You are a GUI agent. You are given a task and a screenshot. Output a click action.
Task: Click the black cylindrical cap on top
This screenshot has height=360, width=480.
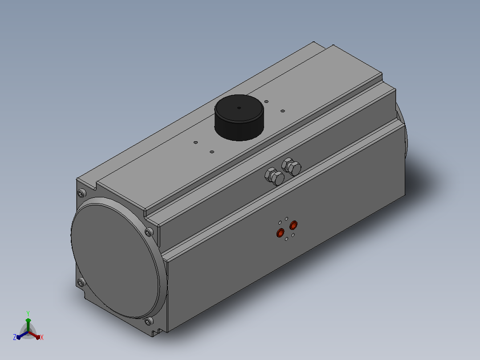[x=239, y=118]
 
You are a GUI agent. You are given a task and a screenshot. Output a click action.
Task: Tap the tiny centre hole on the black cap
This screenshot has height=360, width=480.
[x=239, y=108]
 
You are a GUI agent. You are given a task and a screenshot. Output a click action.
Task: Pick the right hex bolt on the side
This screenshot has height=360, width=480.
[x=291, y=167]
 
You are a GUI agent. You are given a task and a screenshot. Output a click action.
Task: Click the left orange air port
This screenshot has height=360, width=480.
[x=280, y=233]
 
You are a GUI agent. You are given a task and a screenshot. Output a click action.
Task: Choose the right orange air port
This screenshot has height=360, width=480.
[x=293, y=225]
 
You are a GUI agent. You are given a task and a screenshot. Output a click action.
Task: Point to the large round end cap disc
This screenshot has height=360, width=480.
[x=115, y=262]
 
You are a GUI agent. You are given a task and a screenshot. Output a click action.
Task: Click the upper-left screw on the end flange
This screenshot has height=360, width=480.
[x=81, y=194]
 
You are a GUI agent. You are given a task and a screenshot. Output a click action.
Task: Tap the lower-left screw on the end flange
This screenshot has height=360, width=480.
[x=81, y=282]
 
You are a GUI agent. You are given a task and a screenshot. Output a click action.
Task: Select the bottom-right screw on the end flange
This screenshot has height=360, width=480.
[x=149, y=321]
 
